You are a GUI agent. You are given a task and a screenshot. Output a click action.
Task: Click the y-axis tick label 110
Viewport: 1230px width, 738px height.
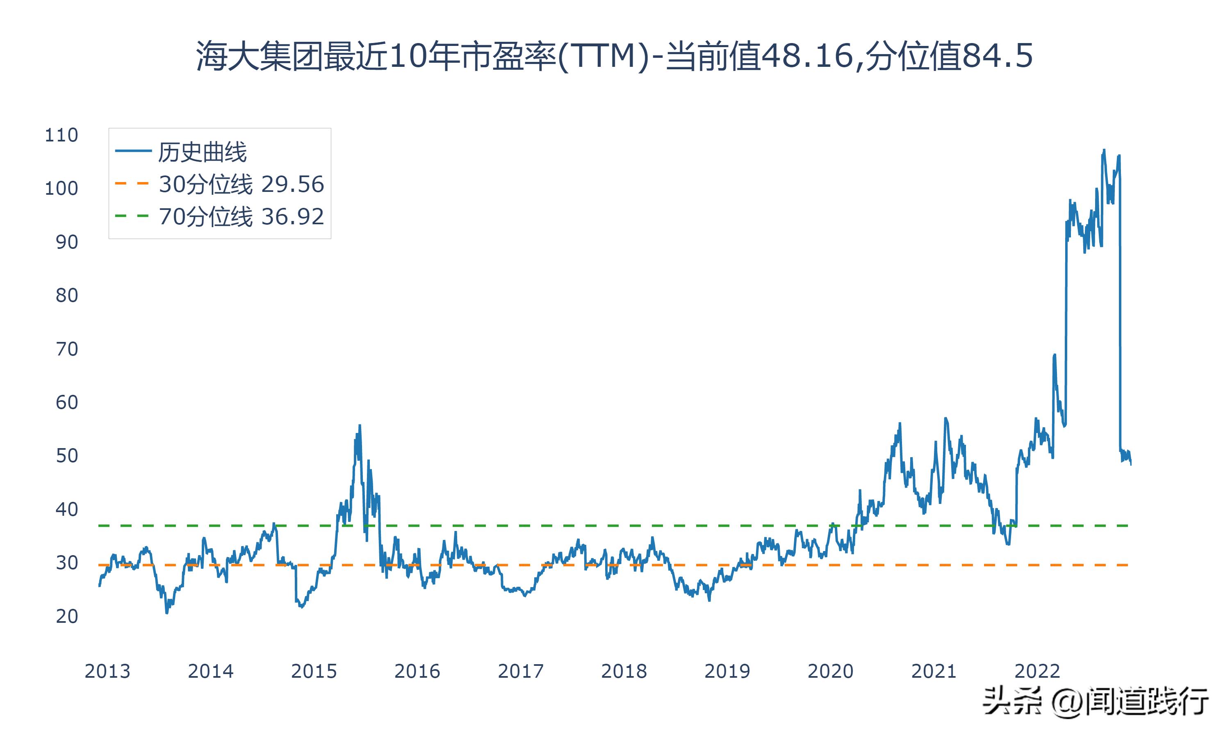[x=61, y=135]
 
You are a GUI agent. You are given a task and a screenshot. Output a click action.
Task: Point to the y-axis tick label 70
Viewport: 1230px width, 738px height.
[x=66, y=349]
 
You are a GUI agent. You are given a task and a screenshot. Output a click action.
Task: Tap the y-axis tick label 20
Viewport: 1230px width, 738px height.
[x=66, y=617]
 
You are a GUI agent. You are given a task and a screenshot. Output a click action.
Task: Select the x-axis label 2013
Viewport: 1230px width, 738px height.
[x=107, y=671]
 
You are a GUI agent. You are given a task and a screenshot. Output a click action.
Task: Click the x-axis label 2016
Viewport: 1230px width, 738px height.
[x=417, y=671]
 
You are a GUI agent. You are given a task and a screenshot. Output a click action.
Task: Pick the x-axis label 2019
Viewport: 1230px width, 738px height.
[x=727, y=671]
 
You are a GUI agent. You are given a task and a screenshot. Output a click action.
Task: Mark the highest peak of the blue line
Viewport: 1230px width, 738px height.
[x=1104, y=150]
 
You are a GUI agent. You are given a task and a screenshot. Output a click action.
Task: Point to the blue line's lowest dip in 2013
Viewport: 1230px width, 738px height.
[x=166, y=613]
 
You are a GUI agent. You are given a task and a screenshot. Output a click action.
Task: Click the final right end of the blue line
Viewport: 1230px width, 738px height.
[x=1131, y=464]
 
